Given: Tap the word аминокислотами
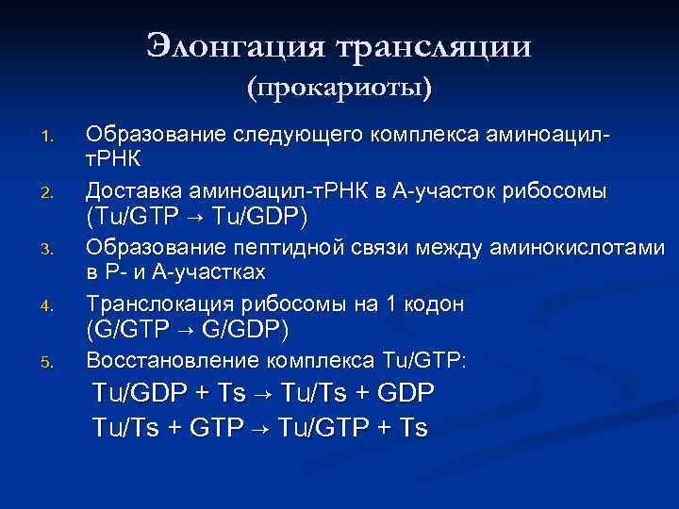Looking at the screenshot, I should coord(576,248).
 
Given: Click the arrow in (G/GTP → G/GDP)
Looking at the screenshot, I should coord(184,331).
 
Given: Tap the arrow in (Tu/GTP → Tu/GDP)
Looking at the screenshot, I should coord(197,218).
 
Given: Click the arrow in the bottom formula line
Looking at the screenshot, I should coord(257,429).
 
